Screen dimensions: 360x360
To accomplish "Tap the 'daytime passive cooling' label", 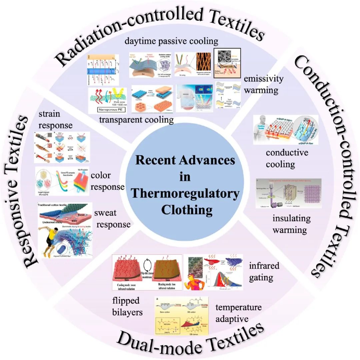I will [171, 42].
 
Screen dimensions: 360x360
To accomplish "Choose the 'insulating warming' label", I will [291, 224].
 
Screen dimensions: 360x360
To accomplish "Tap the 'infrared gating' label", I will [264, 271].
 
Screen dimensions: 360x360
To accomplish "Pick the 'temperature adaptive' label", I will [238, 313].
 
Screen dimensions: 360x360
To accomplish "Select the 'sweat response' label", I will [112, 219].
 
